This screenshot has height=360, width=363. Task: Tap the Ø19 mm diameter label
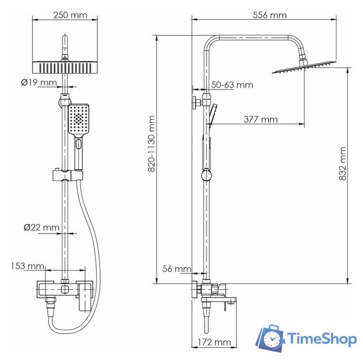pyautogui.click(x=39, y=83)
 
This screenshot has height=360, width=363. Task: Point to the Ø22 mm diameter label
pyautogui.click(x=41, y=227)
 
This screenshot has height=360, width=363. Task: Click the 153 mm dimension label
pyautogui.click(x=26, y=266)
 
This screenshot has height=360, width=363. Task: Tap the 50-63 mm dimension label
pyautogui.click(x=232, y=85)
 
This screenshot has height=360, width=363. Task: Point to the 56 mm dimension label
pyautogui.click(x=175, y=269)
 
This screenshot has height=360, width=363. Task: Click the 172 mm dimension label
pyautogui.click(x=214, y=341)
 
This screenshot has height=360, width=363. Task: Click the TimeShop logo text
pyautogui.click(x=322, y=339)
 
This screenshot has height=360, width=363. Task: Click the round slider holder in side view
pyautogui.click(x=206, y=176)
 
